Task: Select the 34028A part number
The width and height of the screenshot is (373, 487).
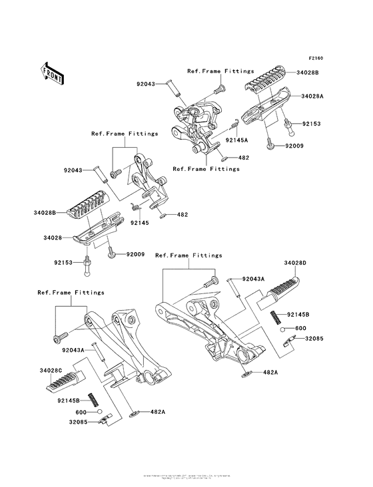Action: (x=312, y=96)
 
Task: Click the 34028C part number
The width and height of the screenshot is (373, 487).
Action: (x=51, y=370)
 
